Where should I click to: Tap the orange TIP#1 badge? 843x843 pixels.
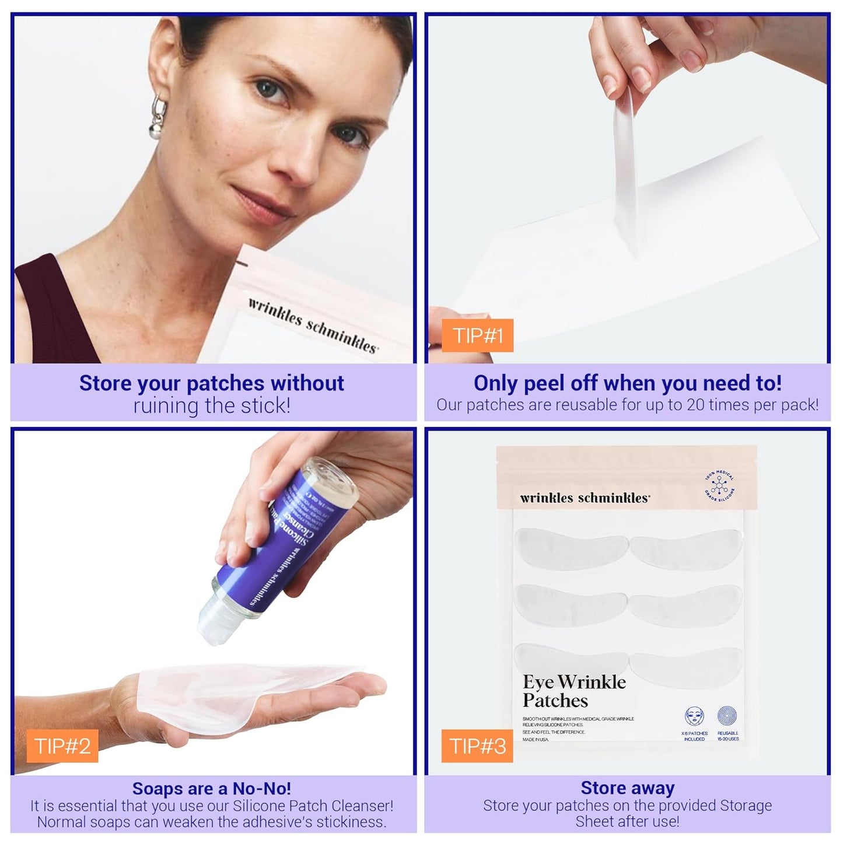point(477,335)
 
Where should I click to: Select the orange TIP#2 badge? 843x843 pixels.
point(62,746)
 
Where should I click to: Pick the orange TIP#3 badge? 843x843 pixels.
point(477,746)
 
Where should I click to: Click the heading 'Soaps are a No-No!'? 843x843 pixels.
point(211,788)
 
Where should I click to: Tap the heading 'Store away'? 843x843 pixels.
point(627,788)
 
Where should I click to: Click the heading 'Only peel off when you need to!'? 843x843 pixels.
point(627,383)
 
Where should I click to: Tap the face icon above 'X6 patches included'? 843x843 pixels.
point(694,716)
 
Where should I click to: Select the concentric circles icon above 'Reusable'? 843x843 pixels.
point(727,716)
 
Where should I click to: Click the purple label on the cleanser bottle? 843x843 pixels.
point(286,537)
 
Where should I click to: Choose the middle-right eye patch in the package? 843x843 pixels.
point(686,604)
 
